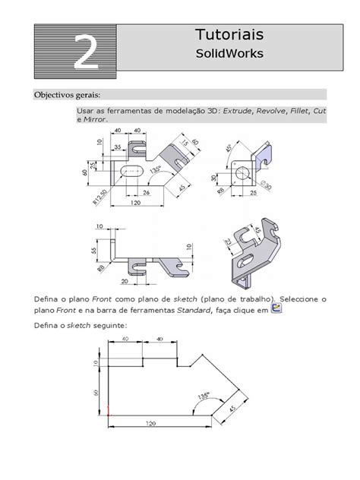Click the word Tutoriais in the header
[230, 36]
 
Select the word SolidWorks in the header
[230, 54]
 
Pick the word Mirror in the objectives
[96, 119]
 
